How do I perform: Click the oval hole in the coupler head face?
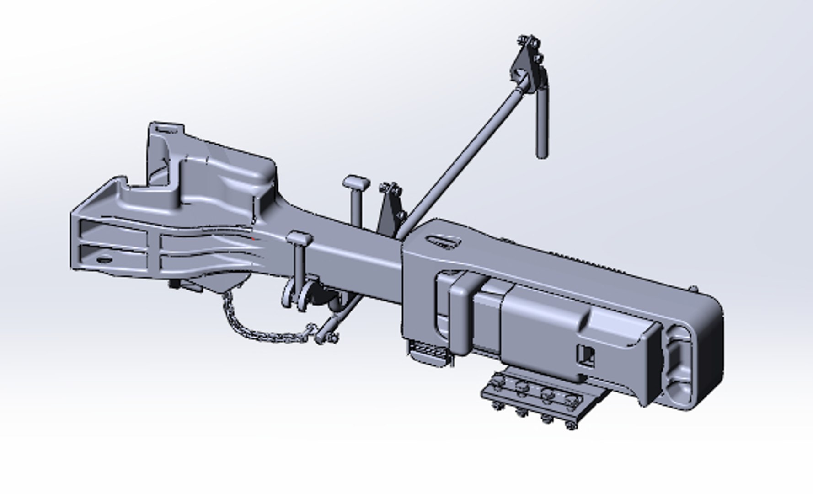coord(104,259)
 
